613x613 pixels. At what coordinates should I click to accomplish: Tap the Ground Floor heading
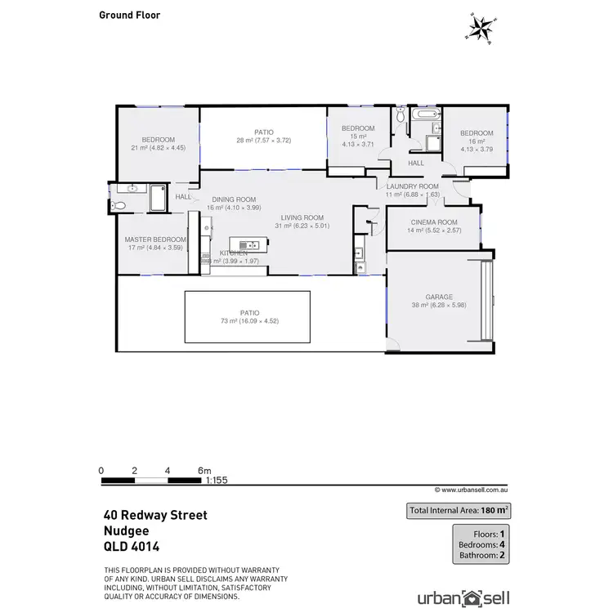[x=130, y=15]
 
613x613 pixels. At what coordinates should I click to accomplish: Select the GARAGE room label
[x=438, y=298]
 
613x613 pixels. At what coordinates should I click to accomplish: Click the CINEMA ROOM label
[x=433, y=222]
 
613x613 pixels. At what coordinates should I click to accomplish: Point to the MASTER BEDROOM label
[x=155, y=239]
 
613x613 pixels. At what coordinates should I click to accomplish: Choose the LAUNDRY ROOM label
[x=413, y=186]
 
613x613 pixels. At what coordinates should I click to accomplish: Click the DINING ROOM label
[x=235, y=199]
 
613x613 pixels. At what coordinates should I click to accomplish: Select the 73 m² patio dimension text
[x=248, y=321]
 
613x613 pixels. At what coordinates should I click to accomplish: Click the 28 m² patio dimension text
[x=263, y=141]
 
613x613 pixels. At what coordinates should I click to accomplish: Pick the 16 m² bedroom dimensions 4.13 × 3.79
[x=477, y=149]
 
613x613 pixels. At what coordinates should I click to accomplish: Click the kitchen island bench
[x=246, y=244]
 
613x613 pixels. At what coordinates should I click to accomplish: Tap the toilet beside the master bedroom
[x=122, y=206]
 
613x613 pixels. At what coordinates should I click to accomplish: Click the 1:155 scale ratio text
[x=216, y=481]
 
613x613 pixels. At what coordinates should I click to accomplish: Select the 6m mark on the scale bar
[x=204, y=471]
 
